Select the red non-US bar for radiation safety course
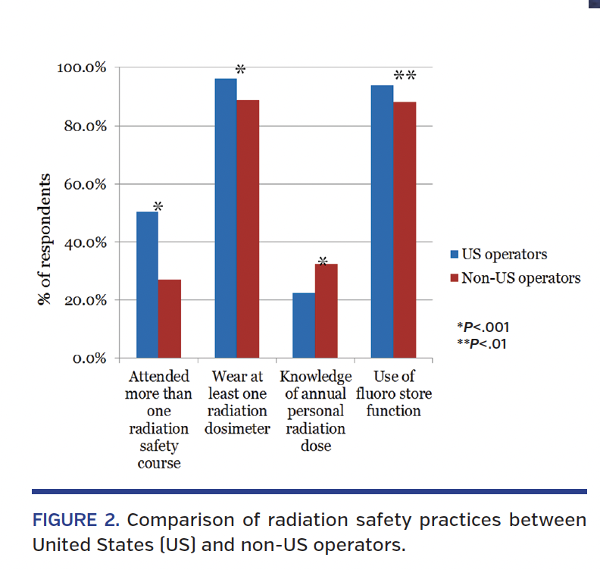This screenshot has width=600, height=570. coord(170,319)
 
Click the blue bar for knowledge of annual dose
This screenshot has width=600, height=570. coord(304,326)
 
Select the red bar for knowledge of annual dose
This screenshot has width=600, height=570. coord(327,311)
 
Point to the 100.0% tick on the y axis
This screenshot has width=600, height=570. coord(82,68)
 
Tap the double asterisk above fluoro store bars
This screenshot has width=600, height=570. coord(405,76)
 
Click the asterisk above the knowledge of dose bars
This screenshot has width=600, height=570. coord(323,262)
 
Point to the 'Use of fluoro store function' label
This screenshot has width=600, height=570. coord(394,393)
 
